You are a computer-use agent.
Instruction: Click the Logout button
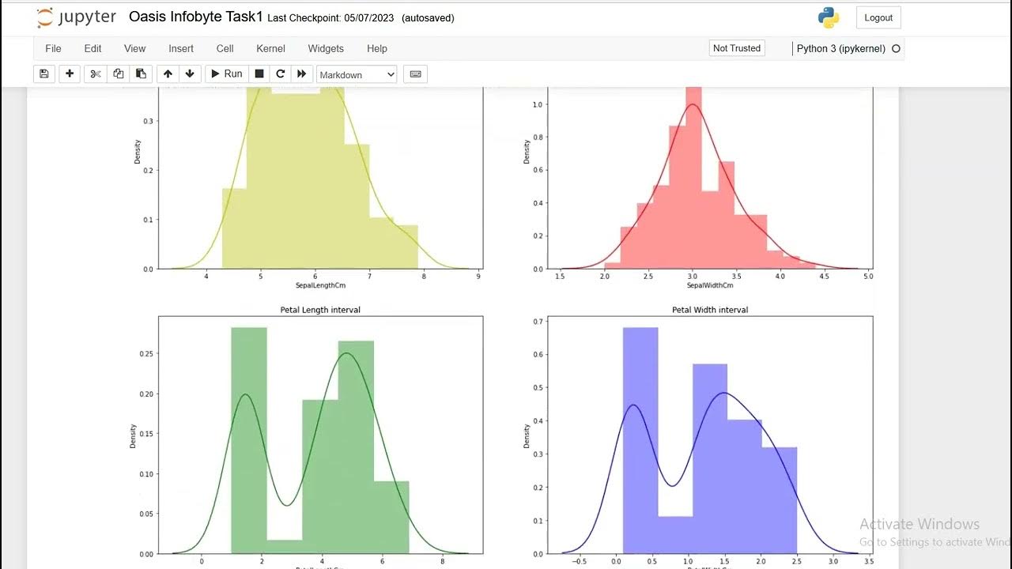(x=878, y=17)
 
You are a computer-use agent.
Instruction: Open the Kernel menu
(x=270, y=48)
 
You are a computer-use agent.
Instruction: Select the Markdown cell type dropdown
(x=357, y=74)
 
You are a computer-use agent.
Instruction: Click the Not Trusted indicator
(x=736, y=48)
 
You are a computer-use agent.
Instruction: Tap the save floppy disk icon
(x=44, y=73)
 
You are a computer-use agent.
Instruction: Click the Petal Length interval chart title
(x=320, y=310)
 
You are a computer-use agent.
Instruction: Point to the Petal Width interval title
(x=710, y=310)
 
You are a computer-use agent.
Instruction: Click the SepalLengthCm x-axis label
(x=320, y=285)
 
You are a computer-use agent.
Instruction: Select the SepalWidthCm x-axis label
(x=710, y=285)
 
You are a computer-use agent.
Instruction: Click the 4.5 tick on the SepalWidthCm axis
(x=824, y=277)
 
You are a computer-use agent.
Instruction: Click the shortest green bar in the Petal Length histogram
(x=285, y=546)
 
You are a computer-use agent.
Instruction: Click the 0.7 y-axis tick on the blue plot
(x=537, y=322)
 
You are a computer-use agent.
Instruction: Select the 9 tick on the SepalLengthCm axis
(x=478, y=277)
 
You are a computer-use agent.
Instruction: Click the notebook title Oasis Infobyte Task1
(x=195, y=17)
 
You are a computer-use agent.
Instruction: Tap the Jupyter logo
(x=76, y=17)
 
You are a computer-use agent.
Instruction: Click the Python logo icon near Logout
(x=828, y=17)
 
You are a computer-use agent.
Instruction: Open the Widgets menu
(x=326, y=48)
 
